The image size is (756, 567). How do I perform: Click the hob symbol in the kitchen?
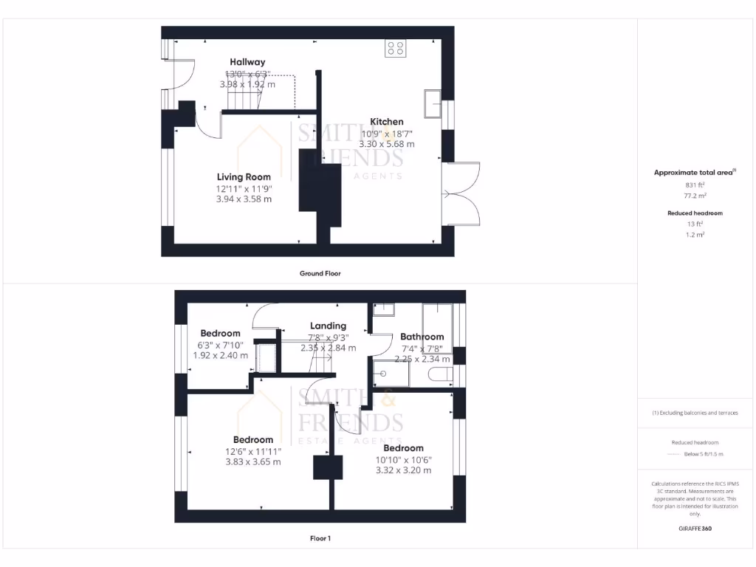point(395,48)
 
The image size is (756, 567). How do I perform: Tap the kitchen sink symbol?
point(432,104)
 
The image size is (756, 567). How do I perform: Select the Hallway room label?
point(247,62)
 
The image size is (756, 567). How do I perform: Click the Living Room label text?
point(244,177)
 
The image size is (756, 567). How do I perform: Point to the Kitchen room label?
point(387,122)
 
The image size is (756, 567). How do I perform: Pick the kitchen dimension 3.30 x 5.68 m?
point(387,144)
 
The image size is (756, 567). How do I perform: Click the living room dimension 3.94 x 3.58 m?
point(244,199)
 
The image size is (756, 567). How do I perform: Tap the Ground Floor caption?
point(320,273)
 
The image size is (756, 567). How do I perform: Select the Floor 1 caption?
point(320,538)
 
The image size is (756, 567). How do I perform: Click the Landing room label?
point(328,326)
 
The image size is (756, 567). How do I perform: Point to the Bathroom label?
point(422,337)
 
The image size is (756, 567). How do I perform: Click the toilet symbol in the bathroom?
point(440,375)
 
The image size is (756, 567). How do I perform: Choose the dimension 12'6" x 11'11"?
point(253,451)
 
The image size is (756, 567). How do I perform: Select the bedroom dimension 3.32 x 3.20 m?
point(403,470)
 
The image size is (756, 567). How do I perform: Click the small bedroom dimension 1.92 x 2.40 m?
point(217,354)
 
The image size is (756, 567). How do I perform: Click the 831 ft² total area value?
point(695,185)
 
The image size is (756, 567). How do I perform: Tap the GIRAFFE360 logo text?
point(695,529)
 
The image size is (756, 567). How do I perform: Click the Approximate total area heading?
point(694,173)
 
